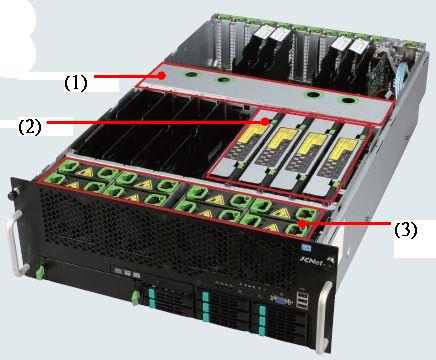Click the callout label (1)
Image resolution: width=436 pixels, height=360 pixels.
(76, 83)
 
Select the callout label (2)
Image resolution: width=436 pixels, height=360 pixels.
(30, 127)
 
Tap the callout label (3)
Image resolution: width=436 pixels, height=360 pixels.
(405, 230)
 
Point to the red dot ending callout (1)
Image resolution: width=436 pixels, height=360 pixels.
(162, 76)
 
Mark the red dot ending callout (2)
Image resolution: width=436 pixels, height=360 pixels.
(265, 121)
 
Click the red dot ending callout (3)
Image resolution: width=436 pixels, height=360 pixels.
(302, 223)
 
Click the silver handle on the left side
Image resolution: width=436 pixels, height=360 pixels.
(15, 243)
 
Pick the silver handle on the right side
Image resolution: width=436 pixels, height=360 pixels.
(323, 317)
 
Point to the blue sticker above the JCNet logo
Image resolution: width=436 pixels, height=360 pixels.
(304, 247)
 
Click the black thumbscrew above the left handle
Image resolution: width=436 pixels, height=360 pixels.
(14, 193)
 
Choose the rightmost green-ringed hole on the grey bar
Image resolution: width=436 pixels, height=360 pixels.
(346, 100)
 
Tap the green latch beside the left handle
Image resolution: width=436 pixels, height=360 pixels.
(40, 273)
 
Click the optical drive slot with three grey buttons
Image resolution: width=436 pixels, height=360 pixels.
(127, 271)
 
